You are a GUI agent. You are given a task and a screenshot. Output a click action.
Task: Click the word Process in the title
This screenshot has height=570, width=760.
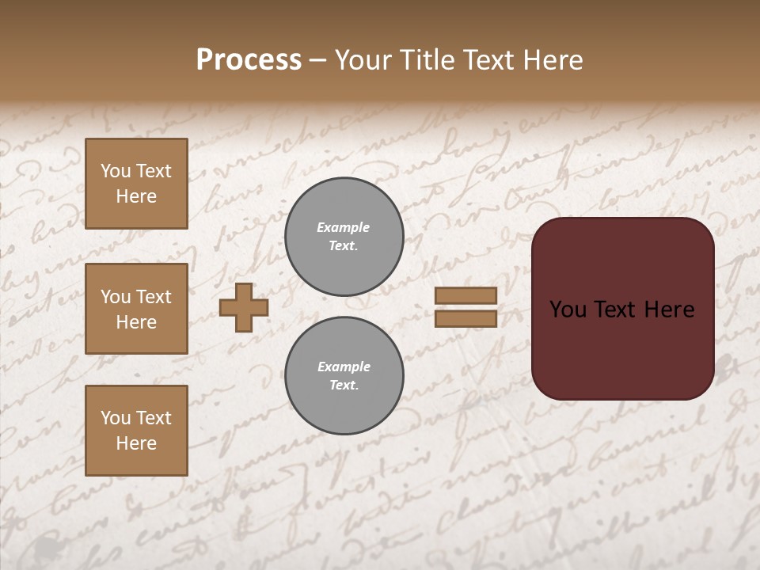pos(249,59)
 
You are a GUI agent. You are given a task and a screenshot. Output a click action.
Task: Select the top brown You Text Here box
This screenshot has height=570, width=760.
pos(136,184)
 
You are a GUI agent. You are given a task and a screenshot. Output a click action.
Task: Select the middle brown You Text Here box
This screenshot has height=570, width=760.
pos(136,309)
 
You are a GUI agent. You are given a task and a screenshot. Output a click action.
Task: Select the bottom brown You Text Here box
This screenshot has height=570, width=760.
pos(136,431)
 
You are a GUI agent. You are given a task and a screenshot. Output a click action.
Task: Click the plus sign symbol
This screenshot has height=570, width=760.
pos(244,307)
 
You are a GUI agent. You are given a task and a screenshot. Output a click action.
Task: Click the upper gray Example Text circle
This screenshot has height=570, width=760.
pos(344,237)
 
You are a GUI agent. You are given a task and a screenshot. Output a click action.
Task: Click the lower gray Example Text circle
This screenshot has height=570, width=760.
pos(344,376)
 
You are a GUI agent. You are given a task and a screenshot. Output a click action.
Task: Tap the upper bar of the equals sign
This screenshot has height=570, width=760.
pos(465,295)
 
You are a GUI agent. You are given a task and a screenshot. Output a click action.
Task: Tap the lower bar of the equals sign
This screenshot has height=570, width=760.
pos(465,318)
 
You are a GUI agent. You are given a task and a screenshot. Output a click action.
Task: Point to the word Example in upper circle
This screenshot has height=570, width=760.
pos(344,227)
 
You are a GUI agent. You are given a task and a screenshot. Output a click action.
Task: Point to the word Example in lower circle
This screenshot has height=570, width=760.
pos(344,367)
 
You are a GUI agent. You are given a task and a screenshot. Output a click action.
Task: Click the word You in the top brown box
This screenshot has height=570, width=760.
pos(116,171)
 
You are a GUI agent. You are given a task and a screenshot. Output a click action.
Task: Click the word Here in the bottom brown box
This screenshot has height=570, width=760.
pos(136,443)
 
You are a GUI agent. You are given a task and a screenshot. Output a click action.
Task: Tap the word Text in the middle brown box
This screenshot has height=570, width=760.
pos(154,297)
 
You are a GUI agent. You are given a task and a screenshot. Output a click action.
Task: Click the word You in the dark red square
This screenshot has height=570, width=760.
pos(568,310)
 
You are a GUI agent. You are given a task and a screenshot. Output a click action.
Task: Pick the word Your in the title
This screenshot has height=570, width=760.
pos(363,59)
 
